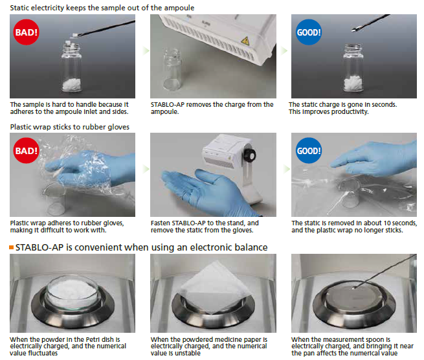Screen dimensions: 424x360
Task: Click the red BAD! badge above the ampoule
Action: tap(27, 32)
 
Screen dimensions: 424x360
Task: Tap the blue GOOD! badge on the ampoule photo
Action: tap(309, 32)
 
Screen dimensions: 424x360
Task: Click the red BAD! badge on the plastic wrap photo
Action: tap(27, 151)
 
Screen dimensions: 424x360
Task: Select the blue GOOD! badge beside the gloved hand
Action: tap(309, 151)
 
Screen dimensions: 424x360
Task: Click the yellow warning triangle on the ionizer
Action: tap(245, 41)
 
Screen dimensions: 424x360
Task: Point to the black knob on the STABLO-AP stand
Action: tap(250, 155)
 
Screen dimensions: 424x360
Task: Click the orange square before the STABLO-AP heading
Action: tap(12, 247)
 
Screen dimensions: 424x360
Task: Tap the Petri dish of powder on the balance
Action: tap(73, 292)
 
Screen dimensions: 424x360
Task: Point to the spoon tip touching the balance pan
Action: tap(353, 288)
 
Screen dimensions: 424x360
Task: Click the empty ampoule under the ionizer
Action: tap(173, 70)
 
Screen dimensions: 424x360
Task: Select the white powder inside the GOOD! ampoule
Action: tap(353, 82)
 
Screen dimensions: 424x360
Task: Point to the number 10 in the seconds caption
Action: tap(387, 223)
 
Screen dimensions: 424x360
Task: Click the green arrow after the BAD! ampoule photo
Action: tap(146, 51)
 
